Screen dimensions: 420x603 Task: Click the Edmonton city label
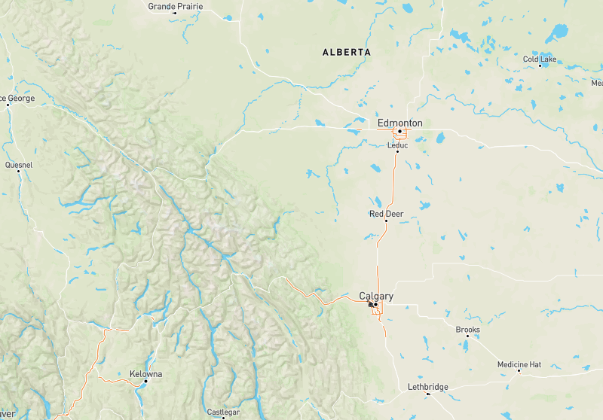coord(399,123)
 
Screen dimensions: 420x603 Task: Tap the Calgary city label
coord(376,296)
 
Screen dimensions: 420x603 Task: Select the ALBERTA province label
coord(346,52)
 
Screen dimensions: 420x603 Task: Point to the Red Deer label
coord(386,214)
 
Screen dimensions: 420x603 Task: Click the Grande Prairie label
coord(176,6)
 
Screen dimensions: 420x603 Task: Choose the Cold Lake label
coord(540,59)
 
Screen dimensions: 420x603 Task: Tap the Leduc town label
coord(397,145)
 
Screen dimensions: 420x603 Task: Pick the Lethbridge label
coord(427,387)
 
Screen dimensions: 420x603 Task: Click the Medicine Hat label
coord(519,364)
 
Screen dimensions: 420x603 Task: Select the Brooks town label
coord(467,330)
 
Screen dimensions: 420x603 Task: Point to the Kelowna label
coord(145,374)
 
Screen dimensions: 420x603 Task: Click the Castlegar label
coord(223,412)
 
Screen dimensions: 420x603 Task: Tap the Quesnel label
coord(18,164)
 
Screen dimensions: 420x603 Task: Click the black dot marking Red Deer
coord(386,221)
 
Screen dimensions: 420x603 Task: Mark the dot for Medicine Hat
coord(519,371)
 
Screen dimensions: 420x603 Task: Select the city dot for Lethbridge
coord(427,394)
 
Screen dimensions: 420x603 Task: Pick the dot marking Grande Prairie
coord(175,13)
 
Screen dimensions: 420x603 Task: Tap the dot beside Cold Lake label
coord(540,65)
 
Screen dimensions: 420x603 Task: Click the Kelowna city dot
coord(145,382)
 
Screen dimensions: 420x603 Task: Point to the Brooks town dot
coord(467,336)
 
